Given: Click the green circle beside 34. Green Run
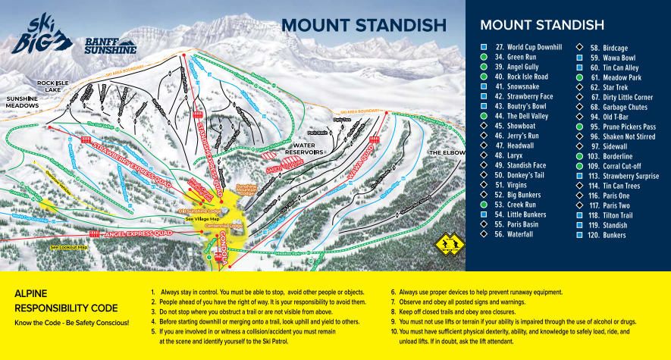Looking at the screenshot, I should coord(483,56).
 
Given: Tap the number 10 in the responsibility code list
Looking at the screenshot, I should coord(394,332).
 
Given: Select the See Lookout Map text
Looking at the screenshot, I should coord(69,247).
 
